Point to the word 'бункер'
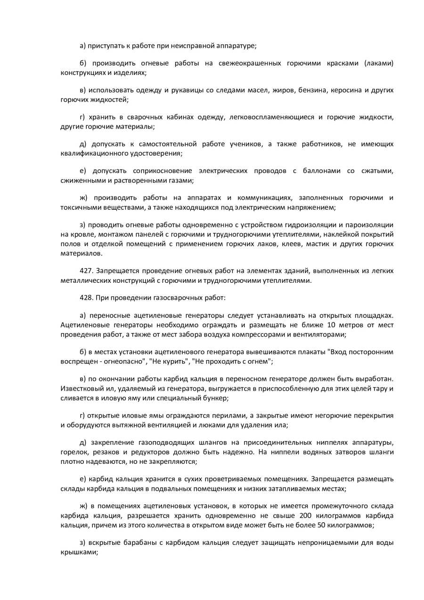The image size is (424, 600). point(217,397)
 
